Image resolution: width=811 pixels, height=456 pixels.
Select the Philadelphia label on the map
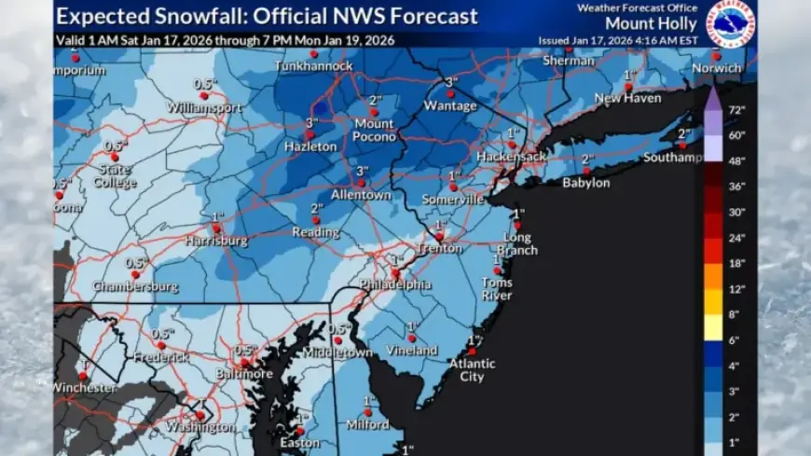pos(396,284)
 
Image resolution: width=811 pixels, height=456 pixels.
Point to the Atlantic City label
pos(472,370)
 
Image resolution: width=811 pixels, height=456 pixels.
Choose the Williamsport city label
pos(204,108)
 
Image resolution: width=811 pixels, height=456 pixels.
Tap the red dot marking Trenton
pos(438,236)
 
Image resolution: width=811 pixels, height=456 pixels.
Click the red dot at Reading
pos(316,221)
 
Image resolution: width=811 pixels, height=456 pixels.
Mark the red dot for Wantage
pos(451,93)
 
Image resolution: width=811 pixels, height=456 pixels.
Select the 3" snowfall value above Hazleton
pos(310,123)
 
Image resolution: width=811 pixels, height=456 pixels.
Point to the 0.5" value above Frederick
pos(164,334)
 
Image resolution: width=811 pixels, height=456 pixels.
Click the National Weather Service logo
pos(731,22)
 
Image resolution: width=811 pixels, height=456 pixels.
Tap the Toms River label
pos(497,289)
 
